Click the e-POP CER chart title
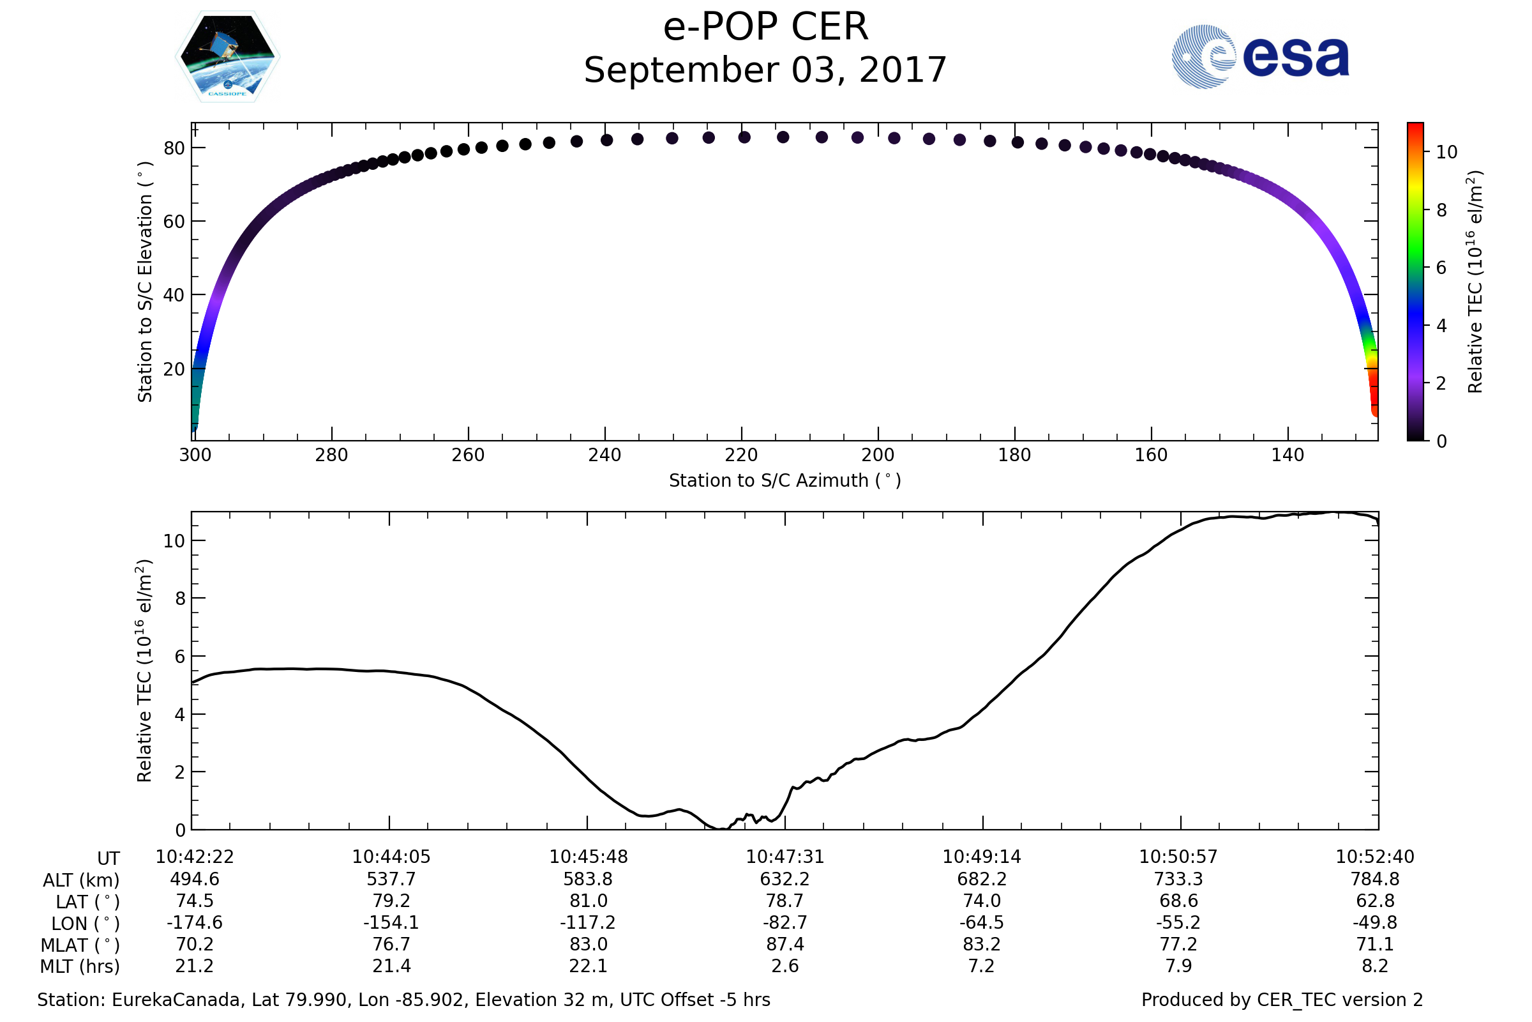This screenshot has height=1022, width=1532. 765,27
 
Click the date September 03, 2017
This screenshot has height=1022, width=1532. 765,70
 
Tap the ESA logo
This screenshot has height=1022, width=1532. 1259,57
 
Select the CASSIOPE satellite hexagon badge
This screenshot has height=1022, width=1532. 227,57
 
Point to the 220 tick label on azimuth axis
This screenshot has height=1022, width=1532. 741,455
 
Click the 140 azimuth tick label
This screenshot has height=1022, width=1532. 1287,455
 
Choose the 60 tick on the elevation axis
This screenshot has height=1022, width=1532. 174,222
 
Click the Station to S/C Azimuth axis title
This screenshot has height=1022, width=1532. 785,481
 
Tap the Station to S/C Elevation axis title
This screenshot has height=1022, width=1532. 145,282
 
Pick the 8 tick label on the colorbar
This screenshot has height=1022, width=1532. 1441,211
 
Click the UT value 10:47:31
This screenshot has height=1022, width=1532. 785,857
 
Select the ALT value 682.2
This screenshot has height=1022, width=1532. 982,880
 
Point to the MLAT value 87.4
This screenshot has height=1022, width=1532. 785,945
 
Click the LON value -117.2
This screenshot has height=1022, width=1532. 587,923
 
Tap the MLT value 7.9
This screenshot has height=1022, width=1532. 1178,966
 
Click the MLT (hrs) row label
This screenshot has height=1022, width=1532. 79,966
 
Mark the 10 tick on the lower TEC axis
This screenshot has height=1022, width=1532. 174,541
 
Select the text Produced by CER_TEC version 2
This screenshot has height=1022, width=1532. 1282,1000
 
